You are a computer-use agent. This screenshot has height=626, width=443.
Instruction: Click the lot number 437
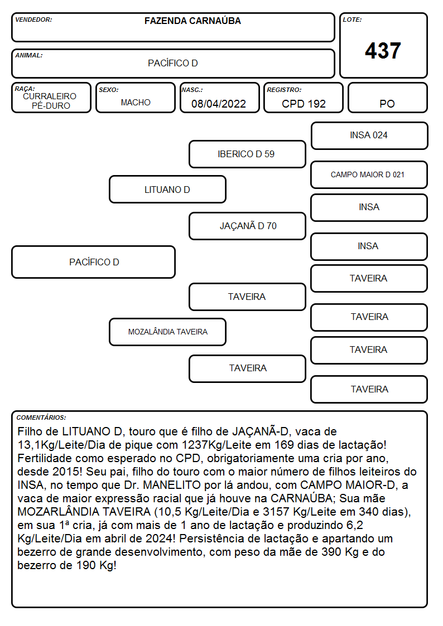(x=383, y=51)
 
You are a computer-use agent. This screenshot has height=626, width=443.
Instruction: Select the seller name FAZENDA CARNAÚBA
(x=192, y=21)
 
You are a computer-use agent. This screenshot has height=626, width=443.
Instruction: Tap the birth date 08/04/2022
(x=219, y=104)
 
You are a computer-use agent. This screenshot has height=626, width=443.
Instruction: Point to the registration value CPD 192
(x=304, y=104)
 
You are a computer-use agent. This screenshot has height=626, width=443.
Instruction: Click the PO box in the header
(x=387, y=98)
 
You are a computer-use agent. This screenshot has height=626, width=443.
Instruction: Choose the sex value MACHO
(x=136, y=103)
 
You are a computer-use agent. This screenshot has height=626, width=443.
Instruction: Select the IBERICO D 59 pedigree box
(x=247, y=154)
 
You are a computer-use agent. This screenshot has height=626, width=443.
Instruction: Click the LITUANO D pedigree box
(x=168, y=190)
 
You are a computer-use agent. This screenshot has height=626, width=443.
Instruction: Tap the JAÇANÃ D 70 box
(x=247, y=226)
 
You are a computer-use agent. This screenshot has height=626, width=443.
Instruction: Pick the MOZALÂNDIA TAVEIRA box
(x=168, y=332)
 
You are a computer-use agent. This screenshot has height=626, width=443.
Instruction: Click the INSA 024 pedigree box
(x=369, y=136)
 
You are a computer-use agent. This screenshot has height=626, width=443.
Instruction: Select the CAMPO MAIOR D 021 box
(x=369, y=175)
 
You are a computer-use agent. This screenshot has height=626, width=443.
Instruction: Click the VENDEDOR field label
(x=33, y=20)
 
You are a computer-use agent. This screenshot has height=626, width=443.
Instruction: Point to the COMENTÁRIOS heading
(x=41, y=418)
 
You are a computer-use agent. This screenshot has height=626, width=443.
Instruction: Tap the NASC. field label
(x=192, y=90)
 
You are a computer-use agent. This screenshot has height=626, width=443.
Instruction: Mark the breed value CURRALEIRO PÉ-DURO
(x=50, y=101)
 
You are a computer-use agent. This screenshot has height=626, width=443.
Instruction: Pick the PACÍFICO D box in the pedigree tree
(x=94, y=262)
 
